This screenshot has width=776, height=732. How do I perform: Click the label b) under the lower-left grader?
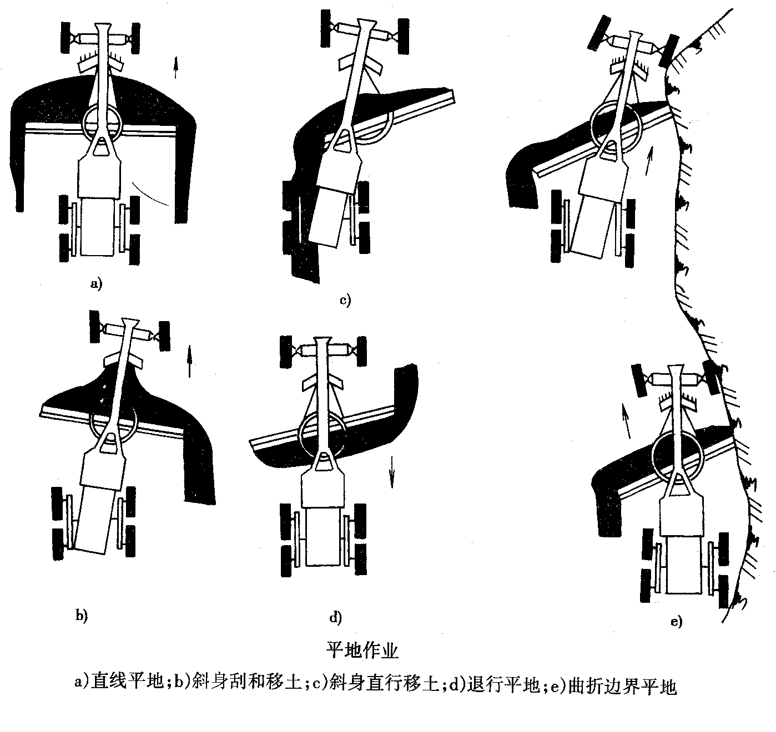(81, 615)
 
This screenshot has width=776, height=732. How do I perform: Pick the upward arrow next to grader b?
(190, 362)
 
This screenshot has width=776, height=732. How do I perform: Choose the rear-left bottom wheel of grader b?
(58, 544)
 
